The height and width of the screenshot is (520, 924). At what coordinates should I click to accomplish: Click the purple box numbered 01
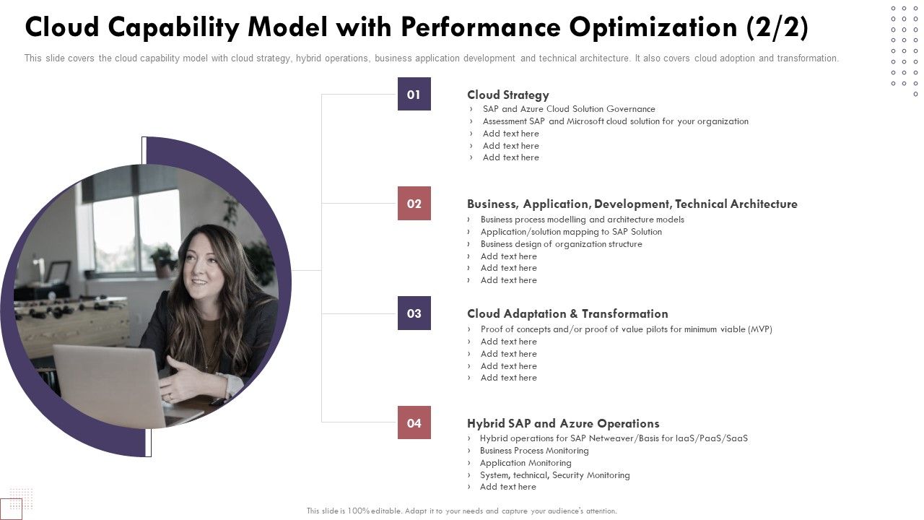(x=414, y=94)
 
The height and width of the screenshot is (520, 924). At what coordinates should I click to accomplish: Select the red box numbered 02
(x=414, y=204)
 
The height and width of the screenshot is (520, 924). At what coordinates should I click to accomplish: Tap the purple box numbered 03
(x=414, y=313)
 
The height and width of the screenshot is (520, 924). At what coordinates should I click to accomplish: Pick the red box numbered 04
(x=414, y=423)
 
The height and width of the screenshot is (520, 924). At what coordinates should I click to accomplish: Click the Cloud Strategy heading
(x=507, y=95)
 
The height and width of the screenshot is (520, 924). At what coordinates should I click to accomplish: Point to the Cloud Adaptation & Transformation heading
(x=567, y=313)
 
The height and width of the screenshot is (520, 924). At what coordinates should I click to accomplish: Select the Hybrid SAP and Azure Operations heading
(x=563, y=423)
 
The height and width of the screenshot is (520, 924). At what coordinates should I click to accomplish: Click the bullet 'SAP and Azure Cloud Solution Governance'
(x=569, y=109)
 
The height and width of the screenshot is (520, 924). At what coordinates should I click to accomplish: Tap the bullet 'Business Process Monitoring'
(x=534, y=451)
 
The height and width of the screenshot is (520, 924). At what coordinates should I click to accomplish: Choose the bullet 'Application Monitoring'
(x=526, y=463)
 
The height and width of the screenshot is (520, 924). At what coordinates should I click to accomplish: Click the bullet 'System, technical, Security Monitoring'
(x=554, y=475)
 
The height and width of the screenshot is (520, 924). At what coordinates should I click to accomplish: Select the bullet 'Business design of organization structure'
(x=561, y=244)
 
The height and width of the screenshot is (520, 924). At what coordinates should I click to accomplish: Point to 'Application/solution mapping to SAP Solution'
(x=571, y=232)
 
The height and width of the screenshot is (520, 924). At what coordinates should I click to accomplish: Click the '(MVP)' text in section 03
(x=759, y=329)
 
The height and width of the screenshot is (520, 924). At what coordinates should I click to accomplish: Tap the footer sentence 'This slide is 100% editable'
(x=461, y=511)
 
